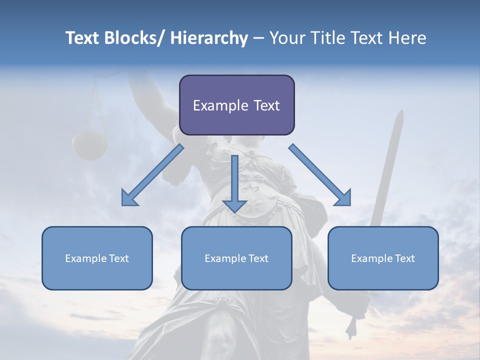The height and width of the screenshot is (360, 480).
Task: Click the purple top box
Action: [236, 105]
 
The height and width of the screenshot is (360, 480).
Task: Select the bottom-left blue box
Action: [97, 258]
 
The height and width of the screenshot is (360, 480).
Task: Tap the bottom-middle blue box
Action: [236, 258]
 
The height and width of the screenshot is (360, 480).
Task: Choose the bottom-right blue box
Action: [383, 258]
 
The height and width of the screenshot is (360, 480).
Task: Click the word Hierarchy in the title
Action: [209, 38]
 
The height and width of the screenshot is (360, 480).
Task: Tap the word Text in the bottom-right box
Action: [404, 258]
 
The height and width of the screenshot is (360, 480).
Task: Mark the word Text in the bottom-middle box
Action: [258, 258]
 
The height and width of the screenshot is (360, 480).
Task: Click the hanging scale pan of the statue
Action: [90, 144]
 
